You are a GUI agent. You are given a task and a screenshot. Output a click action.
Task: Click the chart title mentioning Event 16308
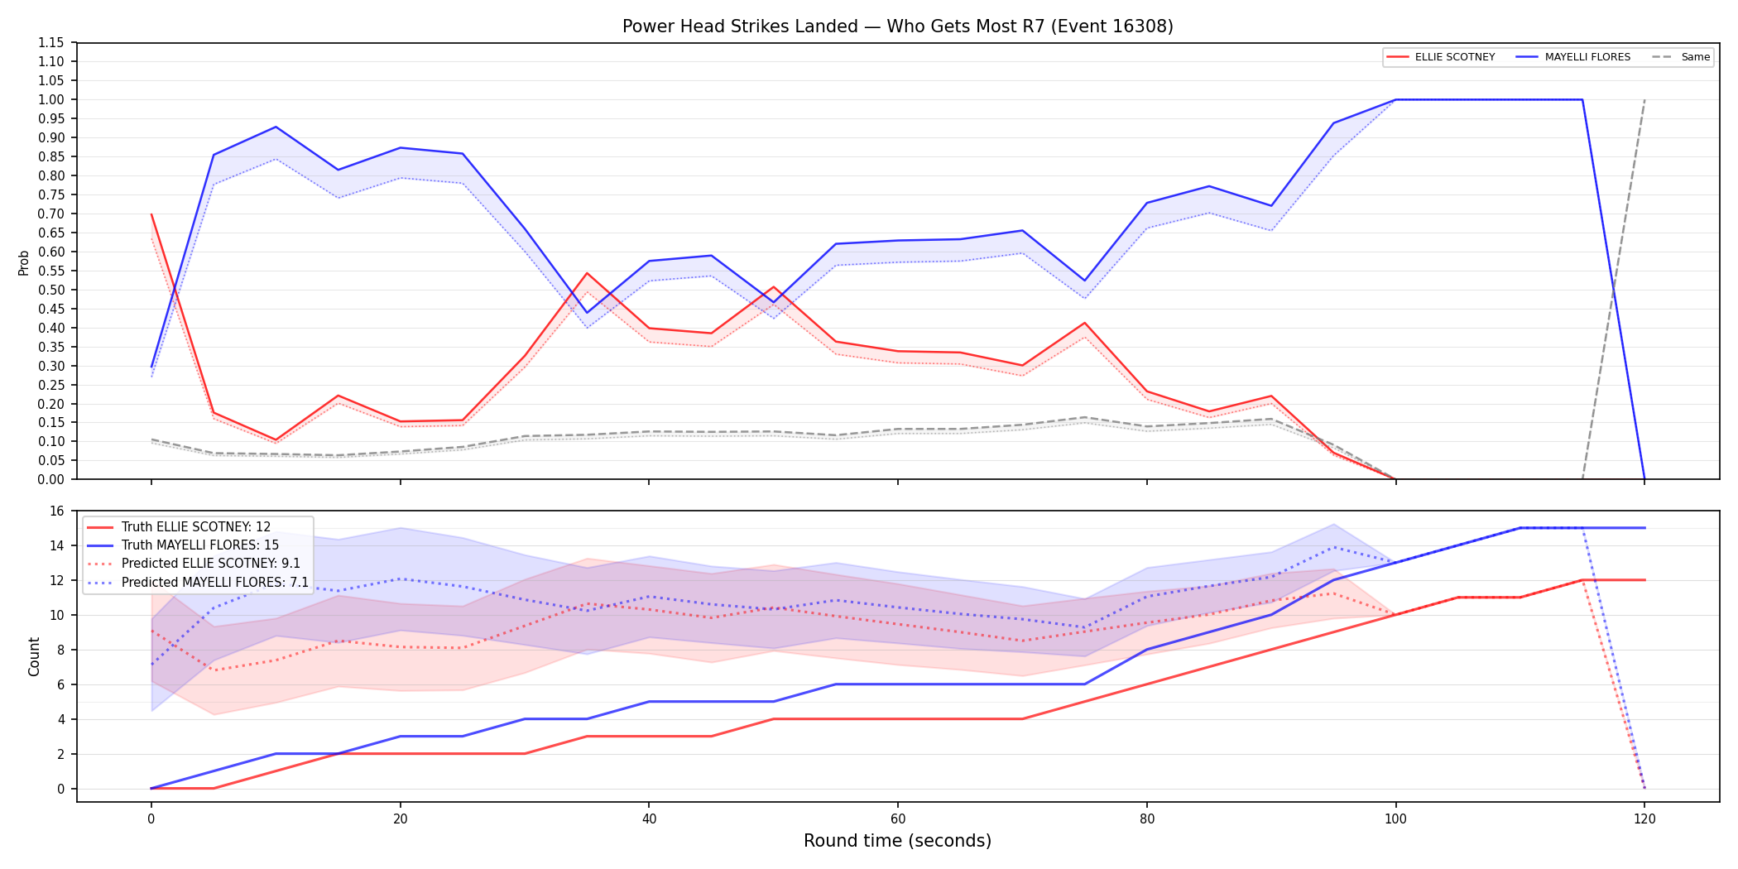[897, 26]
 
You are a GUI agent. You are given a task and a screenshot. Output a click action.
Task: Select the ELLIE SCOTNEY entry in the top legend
[1441, 57]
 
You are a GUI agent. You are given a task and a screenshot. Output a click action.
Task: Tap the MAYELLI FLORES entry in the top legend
[1573, 57]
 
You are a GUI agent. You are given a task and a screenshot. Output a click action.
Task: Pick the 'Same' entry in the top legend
[1681, 57]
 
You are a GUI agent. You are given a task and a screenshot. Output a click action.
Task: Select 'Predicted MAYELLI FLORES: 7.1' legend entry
[198, 583]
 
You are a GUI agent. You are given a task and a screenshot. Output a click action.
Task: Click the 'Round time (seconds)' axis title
[897, 841]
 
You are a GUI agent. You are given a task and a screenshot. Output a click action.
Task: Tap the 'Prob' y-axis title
[24, 262]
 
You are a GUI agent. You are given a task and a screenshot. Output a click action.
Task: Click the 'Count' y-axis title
[34, 656]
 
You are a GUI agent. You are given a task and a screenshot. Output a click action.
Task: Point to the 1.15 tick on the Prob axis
[50, 43]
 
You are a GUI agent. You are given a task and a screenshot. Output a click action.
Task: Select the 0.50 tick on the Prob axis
[50, 290]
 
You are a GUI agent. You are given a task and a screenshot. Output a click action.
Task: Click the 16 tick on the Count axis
[56, 511]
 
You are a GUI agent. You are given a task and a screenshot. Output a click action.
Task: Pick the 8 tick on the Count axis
[60, 650]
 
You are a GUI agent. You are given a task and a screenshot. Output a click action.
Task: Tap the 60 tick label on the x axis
[898, 819]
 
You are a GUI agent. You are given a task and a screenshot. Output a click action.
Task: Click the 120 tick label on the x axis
[1644, 819]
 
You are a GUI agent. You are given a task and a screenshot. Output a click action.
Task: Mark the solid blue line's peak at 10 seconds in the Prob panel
[276, 127]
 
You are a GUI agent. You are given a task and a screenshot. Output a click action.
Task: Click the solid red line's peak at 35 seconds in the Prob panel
[587, 273]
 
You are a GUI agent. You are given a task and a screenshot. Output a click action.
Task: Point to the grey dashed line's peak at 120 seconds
[1644, 99]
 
